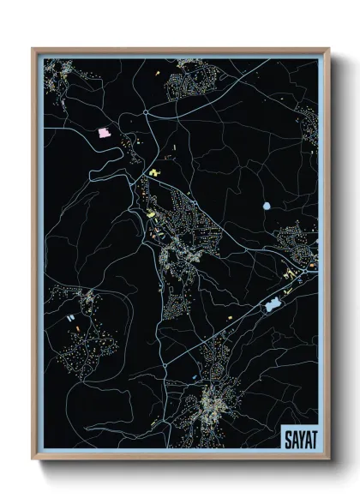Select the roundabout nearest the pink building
(x=147, y=111)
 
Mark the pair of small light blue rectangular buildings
(x=69, y=317)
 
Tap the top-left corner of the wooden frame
(x=33, y=48)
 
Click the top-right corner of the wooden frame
(x=329, y=48)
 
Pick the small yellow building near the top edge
(x=158, y=74)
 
